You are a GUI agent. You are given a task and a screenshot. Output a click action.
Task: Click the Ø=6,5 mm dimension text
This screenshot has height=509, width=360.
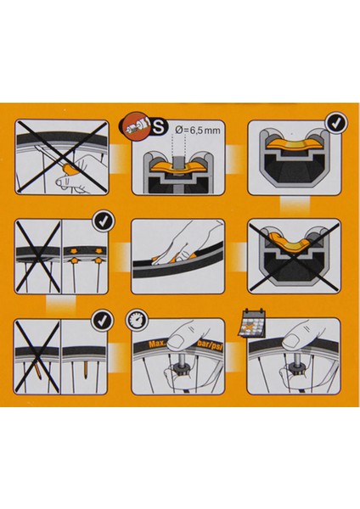point(197,130)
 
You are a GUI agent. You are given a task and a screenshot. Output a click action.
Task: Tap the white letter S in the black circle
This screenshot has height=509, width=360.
point(159,127)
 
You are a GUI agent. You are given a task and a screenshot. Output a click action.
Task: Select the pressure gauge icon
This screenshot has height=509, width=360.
point(136,322)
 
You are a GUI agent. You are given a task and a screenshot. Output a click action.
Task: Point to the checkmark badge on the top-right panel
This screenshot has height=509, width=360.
point(337,123)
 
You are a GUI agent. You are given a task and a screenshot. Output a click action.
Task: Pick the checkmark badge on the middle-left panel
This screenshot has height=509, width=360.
point(104,221)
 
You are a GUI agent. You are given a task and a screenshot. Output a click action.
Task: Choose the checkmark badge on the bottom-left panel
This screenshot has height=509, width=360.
point(104,321)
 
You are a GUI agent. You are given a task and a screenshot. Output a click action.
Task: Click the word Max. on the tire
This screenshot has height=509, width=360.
point(157,344)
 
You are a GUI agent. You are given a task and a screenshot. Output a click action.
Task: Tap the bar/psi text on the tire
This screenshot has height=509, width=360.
point(210,345)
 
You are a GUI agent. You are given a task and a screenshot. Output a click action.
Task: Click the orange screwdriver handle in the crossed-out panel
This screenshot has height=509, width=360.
point(69,169)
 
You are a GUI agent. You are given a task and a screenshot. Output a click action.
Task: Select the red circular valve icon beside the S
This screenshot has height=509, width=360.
point(136,128)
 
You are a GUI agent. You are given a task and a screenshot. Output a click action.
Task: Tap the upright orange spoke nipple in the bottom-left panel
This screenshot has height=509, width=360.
point(86,368)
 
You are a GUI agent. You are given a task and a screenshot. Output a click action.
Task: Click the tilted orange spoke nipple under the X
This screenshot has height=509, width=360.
point(38,371)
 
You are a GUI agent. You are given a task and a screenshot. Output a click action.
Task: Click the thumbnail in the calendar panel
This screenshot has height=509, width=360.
point(291,341)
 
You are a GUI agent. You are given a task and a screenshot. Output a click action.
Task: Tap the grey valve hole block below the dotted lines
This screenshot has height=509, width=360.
point(179,162)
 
